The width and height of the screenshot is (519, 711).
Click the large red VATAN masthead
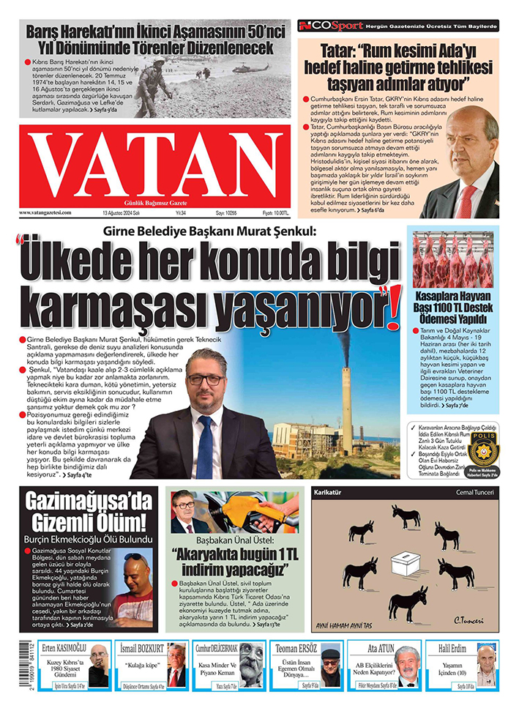pos(155,167)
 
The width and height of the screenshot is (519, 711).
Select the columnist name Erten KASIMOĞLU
pos(64,647)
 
